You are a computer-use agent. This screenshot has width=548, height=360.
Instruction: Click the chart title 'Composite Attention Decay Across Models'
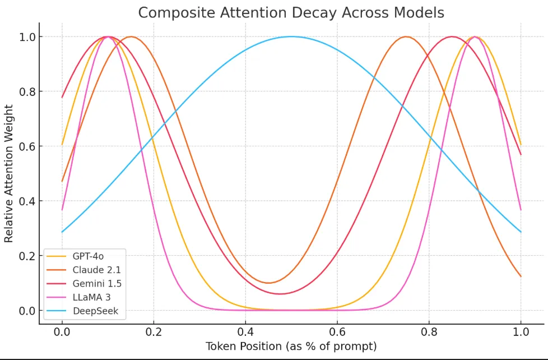click(x=291, y=12)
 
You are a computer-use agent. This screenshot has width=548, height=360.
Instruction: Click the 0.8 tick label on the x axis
click(x=429, y=331)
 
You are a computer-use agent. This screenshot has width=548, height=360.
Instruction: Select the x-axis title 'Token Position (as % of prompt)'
click(x=291, y=347)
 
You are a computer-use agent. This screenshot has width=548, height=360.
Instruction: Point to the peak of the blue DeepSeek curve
click(x=291, y=36)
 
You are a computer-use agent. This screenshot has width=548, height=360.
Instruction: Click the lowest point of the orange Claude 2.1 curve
click(x=268, y=283)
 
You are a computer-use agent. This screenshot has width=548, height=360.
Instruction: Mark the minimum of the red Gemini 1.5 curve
click(x=280, y=294)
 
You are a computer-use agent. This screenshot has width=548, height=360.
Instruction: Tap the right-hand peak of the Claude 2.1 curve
click(x=406, y=36)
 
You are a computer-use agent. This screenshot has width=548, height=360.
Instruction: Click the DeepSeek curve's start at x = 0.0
click(x=62, y=232)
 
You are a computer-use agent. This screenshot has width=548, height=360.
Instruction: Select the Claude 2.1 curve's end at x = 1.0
click(x=521, y=276)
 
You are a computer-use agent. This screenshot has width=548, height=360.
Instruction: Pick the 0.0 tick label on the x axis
click(x=62, y=331)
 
